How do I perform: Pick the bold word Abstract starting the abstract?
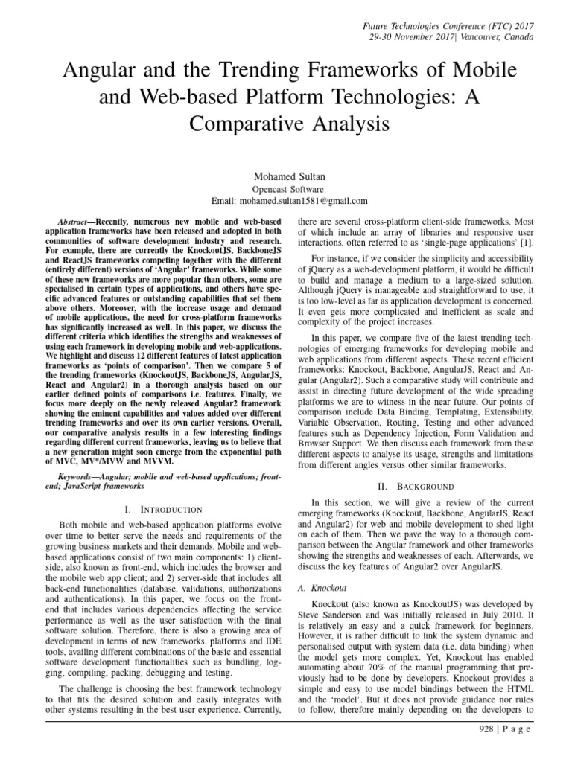point(74,222)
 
